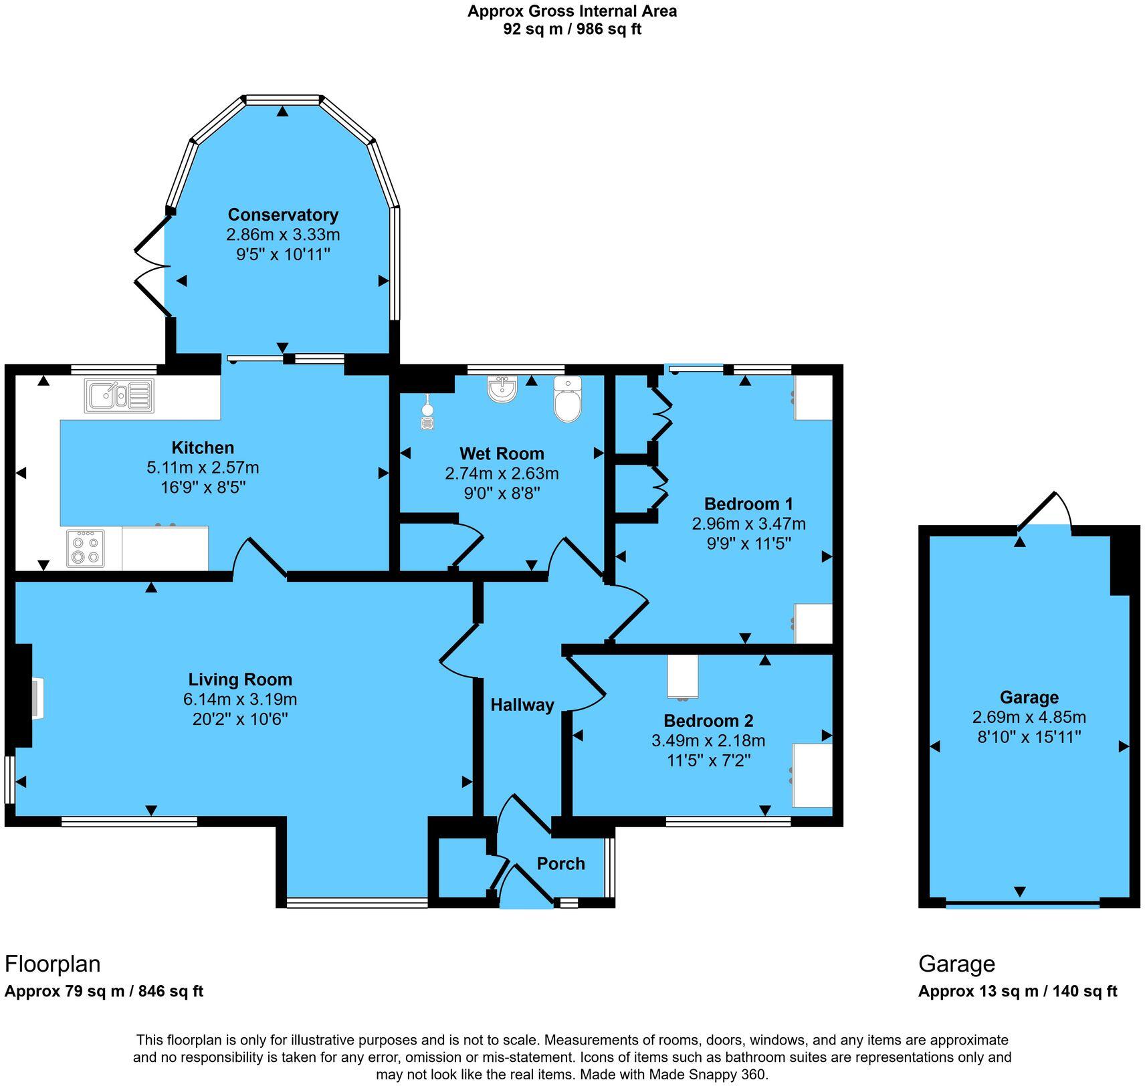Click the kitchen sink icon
pos(119,395)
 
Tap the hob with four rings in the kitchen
pos(86,548)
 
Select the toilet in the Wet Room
pos(568,400)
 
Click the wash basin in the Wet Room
pos(502,389)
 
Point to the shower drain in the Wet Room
pos(427,423)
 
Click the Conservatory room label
pos(283,215)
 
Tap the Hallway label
pos(522,705)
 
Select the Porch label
pos(560,863)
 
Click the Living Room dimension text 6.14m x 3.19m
pos(240,699)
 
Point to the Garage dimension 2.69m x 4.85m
pos(1029,718)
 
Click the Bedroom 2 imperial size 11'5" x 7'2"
pos(708,760)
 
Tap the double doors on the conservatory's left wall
pos(151,265)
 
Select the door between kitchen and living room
pos(259,558)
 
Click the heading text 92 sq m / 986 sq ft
pos(572,29)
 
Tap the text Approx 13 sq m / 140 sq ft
pos(1017,991)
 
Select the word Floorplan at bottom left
pos(53,964)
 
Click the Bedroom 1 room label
pos(748,504)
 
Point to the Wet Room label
pos(502,453)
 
